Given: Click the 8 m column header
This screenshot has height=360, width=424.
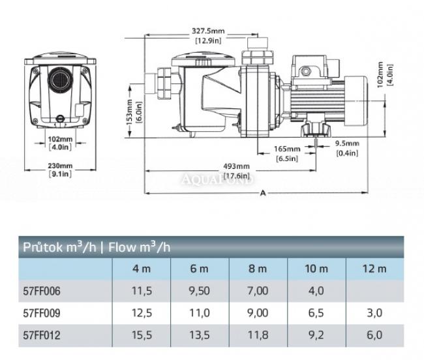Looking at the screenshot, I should pyautogui.click(x=259, y=267).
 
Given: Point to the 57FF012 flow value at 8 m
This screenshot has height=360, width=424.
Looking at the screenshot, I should pyautogui.click(x=259, y=337).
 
